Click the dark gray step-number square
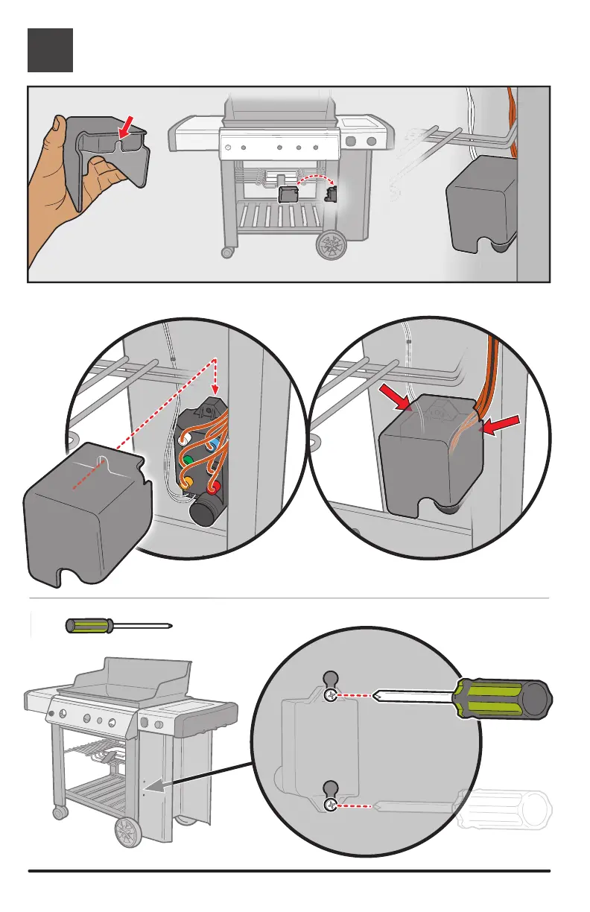(x=51, y=50)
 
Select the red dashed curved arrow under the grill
(x=314, y=180)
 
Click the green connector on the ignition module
(x=189, y=460)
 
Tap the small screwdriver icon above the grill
(x=116, y=625)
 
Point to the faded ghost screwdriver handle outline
(x=507, y=810)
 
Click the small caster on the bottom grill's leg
(x=54, y=811)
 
